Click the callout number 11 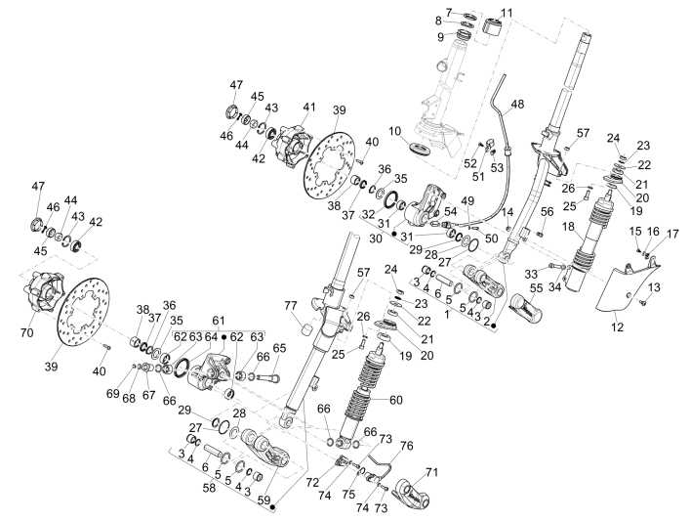click(507, 12)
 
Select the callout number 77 click(291, 307)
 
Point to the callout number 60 click(396, 400)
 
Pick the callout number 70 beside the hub click(25, 332)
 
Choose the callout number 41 click(309, 107)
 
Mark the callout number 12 click(616, 326)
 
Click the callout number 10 click(423, 130)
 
